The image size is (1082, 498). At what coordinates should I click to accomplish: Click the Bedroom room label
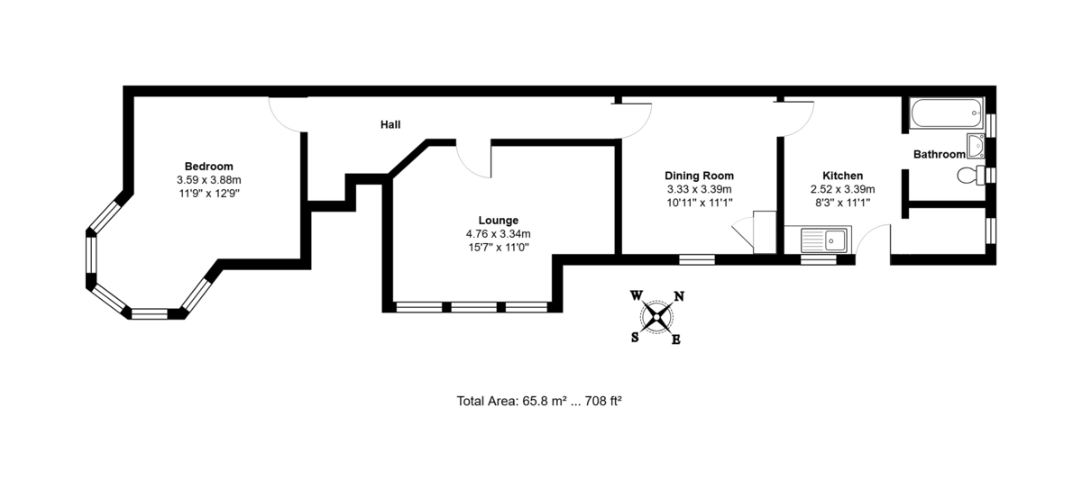(208, 167)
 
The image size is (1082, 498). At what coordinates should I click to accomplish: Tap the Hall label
(390, 124)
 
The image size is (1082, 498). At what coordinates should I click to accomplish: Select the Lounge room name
(499, 221)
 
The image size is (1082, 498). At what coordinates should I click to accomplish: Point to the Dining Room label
(699, 176)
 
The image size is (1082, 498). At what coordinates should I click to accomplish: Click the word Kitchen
(842, 176)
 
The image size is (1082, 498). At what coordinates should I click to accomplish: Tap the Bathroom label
(939, 154)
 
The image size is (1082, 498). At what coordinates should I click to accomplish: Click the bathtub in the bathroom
(947, 113)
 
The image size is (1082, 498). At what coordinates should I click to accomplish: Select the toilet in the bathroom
(971, 176)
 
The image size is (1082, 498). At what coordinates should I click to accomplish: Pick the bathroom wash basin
(976, 146)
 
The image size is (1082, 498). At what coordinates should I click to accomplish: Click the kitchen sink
(824, 240)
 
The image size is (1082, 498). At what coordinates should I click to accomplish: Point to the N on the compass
(679, 295)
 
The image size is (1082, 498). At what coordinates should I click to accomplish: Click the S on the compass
(635, 338)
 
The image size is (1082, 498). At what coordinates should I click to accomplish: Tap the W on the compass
(637, 294)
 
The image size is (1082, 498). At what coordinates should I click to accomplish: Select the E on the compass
(676, 340)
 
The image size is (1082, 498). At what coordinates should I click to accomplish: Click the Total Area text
(539, 401)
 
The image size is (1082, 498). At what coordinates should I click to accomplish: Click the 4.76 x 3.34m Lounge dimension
(498, 234)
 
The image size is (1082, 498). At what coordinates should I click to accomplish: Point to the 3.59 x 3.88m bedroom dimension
(208, 180)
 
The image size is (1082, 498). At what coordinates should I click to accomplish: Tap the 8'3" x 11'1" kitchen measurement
(842, 203)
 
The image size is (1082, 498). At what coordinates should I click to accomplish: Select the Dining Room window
(696, 259)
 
